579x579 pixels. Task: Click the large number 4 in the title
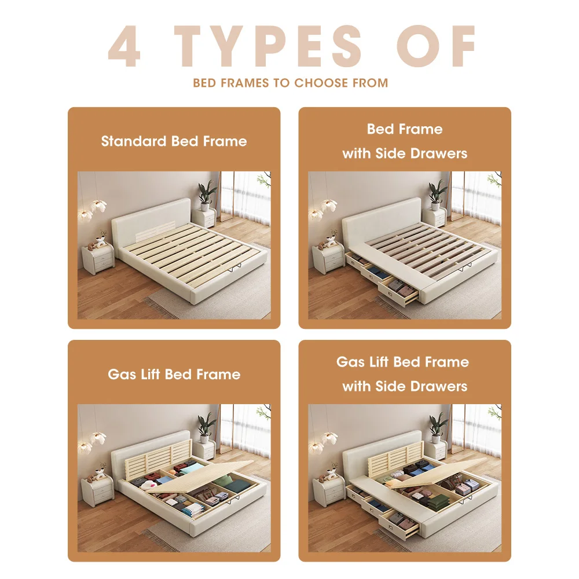coord(124,46)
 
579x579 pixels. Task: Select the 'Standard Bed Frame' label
coord(174,141)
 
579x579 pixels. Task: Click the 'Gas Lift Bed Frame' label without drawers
coord(174,374)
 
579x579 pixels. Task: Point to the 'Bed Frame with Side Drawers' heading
coord(405,141)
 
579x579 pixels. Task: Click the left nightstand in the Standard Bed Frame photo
coord(97,259)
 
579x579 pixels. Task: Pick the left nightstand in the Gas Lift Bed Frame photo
coord(97,492)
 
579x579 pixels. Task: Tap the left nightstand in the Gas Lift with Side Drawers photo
coord(328,492)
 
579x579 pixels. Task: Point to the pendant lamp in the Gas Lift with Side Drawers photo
coord(325,441)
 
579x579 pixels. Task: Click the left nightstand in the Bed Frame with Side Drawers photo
coord(328,259)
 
